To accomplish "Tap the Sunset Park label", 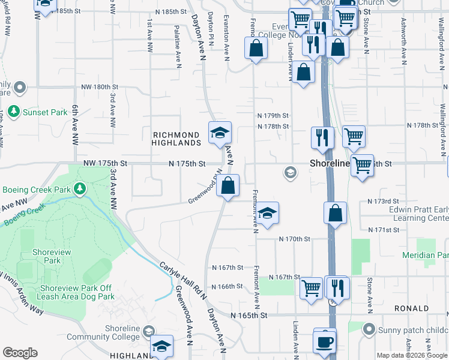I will tap(45, 112).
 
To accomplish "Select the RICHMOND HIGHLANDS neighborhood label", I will tap(176, 139).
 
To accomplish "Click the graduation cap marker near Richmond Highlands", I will tap(220, 132).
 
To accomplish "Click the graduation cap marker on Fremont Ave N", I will tap(268, 213).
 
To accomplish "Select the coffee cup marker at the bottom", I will tap(325, 341).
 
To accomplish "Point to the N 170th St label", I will tap(294, 239).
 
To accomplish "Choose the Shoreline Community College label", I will tap(114, 332).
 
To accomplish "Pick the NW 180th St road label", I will tap(101, 87).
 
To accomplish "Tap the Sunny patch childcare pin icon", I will tap(369, 329).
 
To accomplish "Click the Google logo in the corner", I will tap(20, 353).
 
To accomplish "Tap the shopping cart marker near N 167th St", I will tap(311, 289).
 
